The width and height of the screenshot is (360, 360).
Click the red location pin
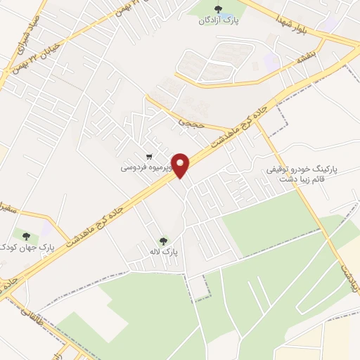181,165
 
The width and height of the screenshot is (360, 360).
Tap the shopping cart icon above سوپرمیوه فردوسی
148,157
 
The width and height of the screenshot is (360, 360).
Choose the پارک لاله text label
169,251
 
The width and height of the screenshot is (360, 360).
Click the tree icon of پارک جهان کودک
27,236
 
